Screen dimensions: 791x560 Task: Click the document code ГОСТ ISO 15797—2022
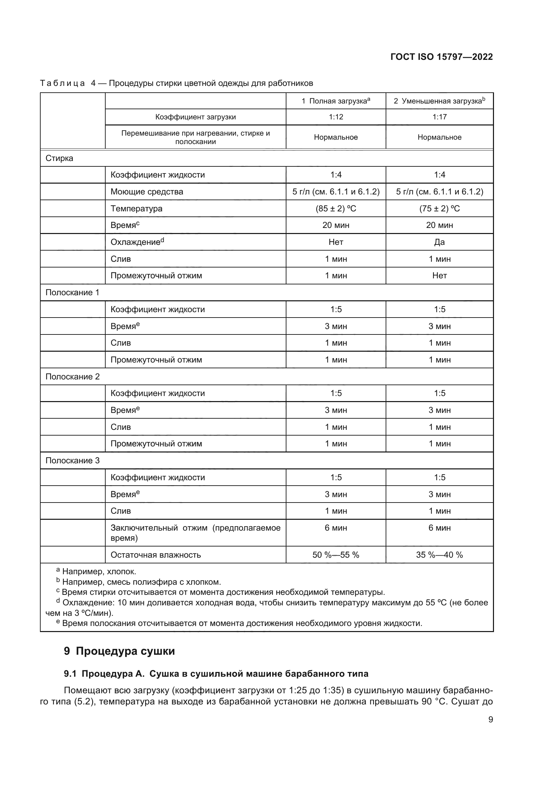click(x=441, y=57)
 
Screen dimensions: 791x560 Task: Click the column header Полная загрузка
click(x=336, y=101)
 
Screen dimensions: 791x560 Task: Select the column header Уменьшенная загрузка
click(x=439, y=101)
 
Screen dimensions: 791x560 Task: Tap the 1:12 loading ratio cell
click(x=336, y=117)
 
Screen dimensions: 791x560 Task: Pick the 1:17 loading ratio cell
click(x=439, y=117)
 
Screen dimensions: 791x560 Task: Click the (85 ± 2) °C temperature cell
click(x=336, y=208)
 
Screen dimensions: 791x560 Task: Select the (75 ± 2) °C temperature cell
click(x=439, y=208)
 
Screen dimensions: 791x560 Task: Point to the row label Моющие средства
click(x=147, y=191)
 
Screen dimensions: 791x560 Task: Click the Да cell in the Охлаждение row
click(x=439, y=242)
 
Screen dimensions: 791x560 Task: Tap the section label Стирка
click(x=59, y=158)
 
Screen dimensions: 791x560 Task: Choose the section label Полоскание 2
click(x=72, y=376)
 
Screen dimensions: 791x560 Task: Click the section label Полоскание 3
click(x=72, y=461)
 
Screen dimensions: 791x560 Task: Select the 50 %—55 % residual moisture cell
click(x=336, y=555)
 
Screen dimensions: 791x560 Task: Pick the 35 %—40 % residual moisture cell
click(x=439, y=555)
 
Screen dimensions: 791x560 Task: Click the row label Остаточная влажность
click(x=155, y=555)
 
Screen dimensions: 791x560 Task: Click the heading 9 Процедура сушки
click(x=119, y=651)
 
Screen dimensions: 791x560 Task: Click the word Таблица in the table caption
click(x=62, y=84)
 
